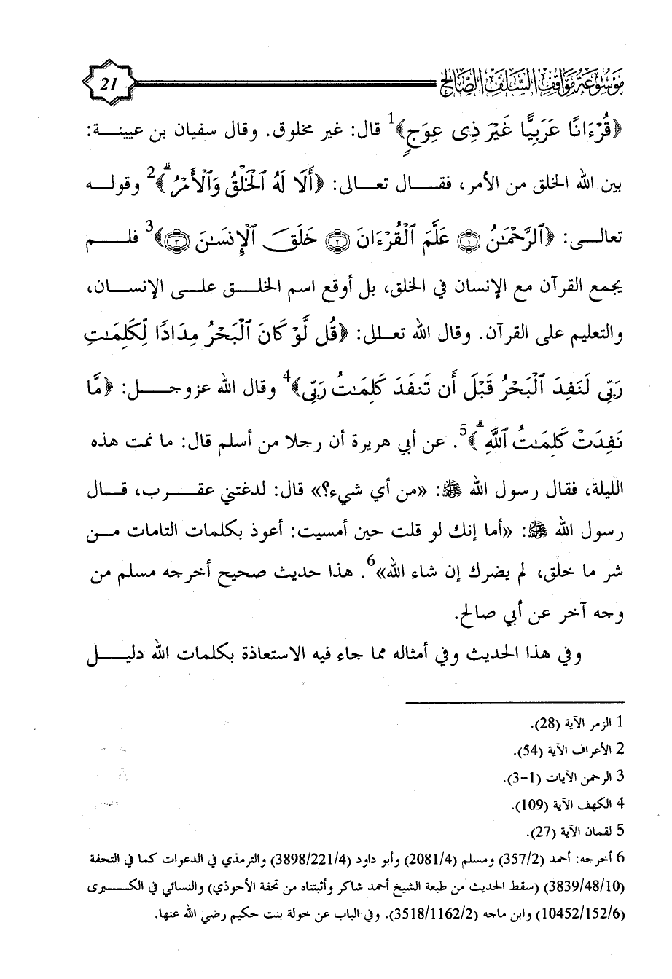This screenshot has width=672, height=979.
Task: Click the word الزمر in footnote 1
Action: (x=595, y=724)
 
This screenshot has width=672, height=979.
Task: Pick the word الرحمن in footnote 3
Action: (x=593, y=777)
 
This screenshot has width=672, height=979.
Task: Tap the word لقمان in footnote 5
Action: (x=597, y=830)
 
